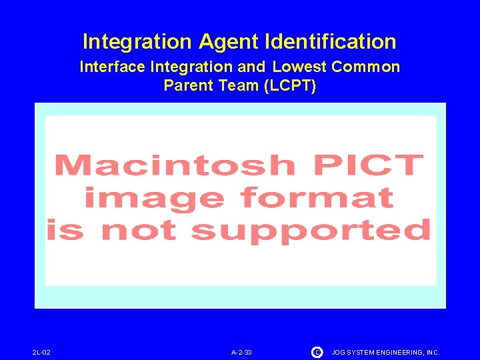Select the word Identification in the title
[330, 42]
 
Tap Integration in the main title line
[137, 42]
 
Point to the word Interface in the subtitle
[113, 67]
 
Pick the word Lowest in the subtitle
[299, 67]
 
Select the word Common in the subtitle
[365, 67]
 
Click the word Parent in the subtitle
[185, 85]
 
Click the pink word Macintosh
[173, 165]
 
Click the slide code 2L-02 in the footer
[41, 352]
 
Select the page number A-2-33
[241, 352]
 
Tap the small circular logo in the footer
[317, 351]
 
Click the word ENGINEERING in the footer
[398, 352]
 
